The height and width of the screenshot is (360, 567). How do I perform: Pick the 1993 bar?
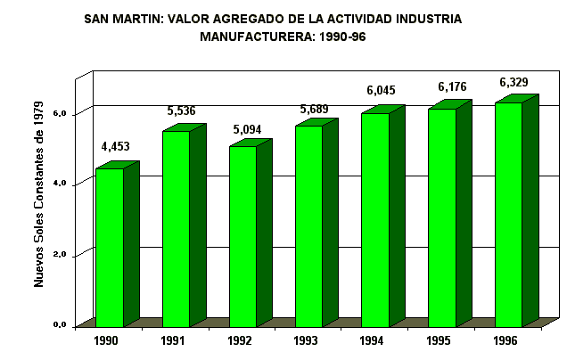[308, 226]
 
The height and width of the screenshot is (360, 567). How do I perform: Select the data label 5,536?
[182, 111]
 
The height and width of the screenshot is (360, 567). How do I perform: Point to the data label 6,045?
[381, 90]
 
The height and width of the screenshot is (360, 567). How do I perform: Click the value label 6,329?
[514, 83]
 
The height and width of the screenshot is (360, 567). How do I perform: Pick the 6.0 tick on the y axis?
[60, 113]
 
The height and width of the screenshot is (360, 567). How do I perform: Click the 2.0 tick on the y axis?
[60, 255]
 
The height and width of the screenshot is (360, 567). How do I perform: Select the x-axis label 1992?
[240, 340]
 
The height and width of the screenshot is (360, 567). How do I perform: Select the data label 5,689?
[315, 110]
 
